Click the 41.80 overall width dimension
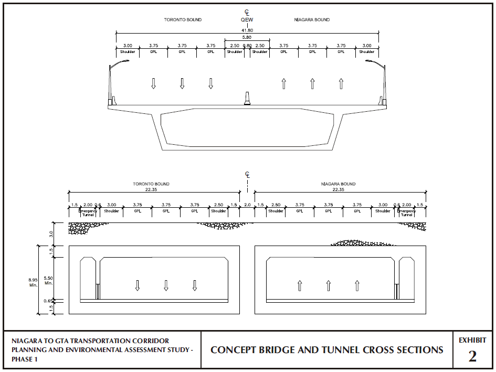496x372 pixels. coord(247,30)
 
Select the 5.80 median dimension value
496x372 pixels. coord(247,38)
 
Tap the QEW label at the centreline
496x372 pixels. coord(247,20)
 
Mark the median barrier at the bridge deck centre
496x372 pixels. coord(247,99)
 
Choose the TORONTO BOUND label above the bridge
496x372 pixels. coord(183,20)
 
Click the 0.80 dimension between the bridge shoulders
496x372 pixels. coord(247,46)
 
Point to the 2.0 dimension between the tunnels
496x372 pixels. coord(248,205)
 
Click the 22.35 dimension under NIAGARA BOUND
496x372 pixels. coord(338,190)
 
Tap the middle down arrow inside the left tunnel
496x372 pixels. coord(166,285)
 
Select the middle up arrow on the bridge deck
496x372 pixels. coord(312,83)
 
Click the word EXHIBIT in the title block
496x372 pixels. coord(472,340)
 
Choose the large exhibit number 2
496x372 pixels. coord(472,356)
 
